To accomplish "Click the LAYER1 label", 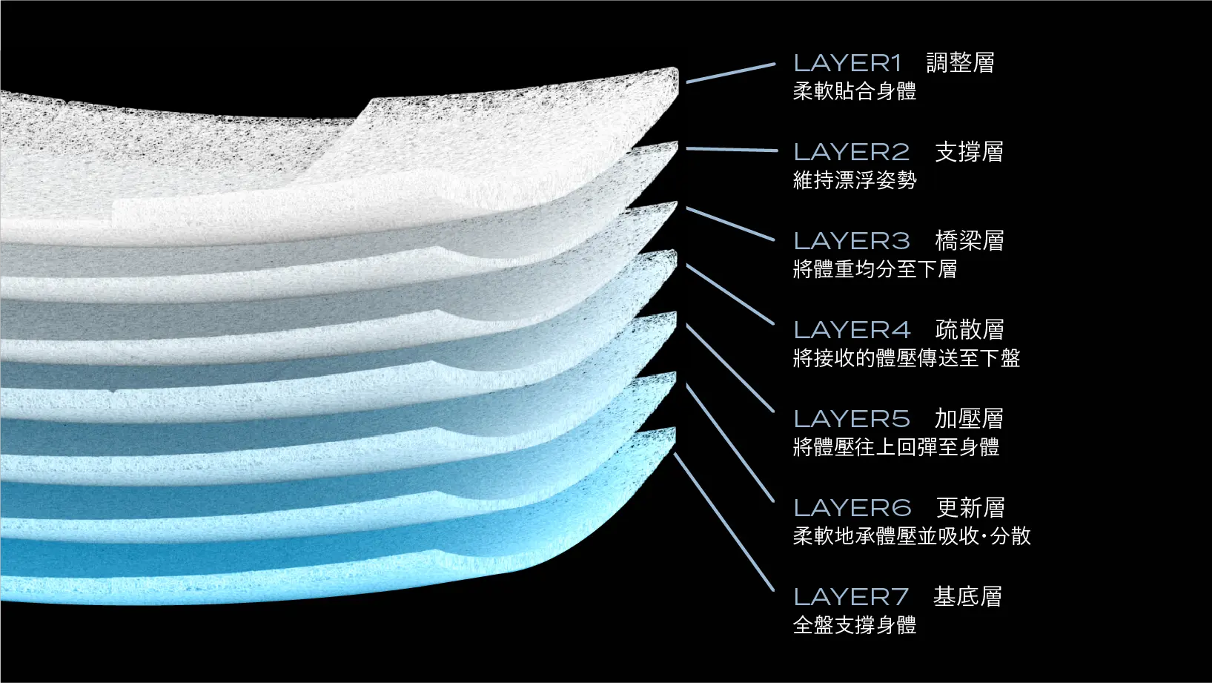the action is coord(847,63).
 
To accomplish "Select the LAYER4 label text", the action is coord(852,330).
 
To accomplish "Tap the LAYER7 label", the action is coord(851,597).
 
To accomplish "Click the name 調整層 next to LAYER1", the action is coord(961,63).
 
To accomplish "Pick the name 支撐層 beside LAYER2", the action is coord(969,152).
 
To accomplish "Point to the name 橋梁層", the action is coord(970,241).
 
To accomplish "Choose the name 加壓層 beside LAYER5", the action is coord(969,419).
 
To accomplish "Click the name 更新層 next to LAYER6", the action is coord(970,508).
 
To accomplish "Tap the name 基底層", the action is coord(967,597).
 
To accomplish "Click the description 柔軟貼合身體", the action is coord(855,91).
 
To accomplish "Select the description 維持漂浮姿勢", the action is coord(855,180).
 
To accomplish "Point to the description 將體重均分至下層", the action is coord(875,269).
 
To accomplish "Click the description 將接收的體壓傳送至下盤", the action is coord(907,358).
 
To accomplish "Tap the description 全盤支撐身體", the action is coord(855,625).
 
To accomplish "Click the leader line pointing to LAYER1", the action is coord(731,73).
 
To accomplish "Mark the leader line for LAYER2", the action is coord(732,149).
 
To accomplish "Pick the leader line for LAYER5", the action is coord(730,368).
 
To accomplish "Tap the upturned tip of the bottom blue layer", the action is coord(673,431).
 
